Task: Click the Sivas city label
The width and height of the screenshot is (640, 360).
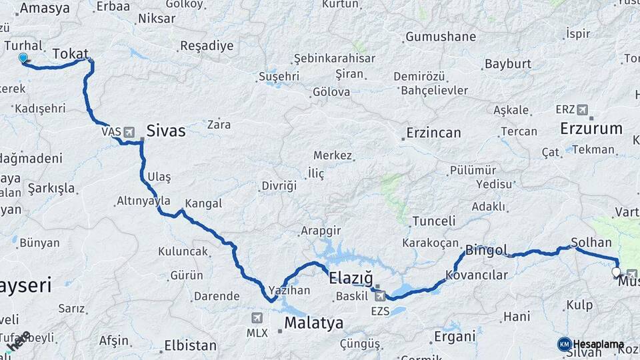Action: point(166,131)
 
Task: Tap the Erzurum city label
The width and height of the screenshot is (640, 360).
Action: point(591,128)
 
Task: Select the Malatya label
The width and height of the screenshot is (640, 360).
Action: point(314,323)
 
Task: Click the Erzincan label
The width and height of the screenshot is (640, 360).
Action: point(433,133)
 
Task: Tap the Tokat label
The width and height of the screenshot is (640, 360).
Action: point(70,53)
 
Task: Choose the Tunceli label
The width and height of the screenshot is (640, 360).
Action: point(433,221)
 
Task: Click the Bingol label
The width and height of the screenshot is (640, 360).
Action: point(487,251)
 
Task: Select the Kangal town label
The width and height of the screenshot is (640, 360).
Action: point(203,203)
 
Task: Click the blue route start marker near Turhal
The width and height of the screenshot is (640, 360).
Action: point(24,59)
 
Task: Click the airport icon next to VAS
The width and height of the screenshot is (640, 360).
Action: point(129,132)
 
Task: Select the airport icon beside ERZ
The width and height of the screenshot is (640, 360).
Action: point(583,109)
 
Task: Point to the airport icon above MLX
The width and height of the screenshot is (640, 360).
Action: point(257,317)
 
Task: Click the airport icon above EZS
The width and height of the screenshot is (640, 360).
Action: point(379,296)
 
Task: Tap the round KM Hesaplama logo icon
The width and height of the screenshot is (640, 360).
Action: point(565,344)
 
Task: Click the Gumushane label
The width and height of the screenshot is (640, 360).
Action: point(441,37)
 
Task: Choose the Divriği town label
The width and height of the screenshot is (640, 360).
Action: point(279,186)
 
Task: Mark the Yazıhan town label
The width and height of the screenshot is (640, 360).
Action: point(289,291)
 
